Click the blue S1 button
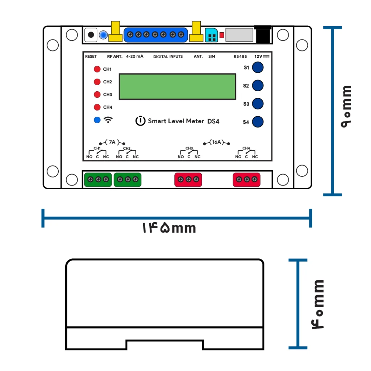click(x=258, y=67)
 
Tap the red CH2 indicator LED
click(x=97, y=82)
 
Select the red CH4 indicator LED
click(x=97, y=107)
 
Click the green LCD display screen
click(x=178, y=87)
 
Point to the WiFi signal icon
click(x=108, y=120)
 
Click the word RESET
click(x=91, y=57)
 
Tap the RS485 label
click(x=240, y=57)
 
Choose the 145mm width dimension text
click(x=169, y=228)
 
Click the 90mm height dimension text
click(x=346, y=107)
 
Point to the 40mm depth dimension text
click(x=317, y=304)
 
